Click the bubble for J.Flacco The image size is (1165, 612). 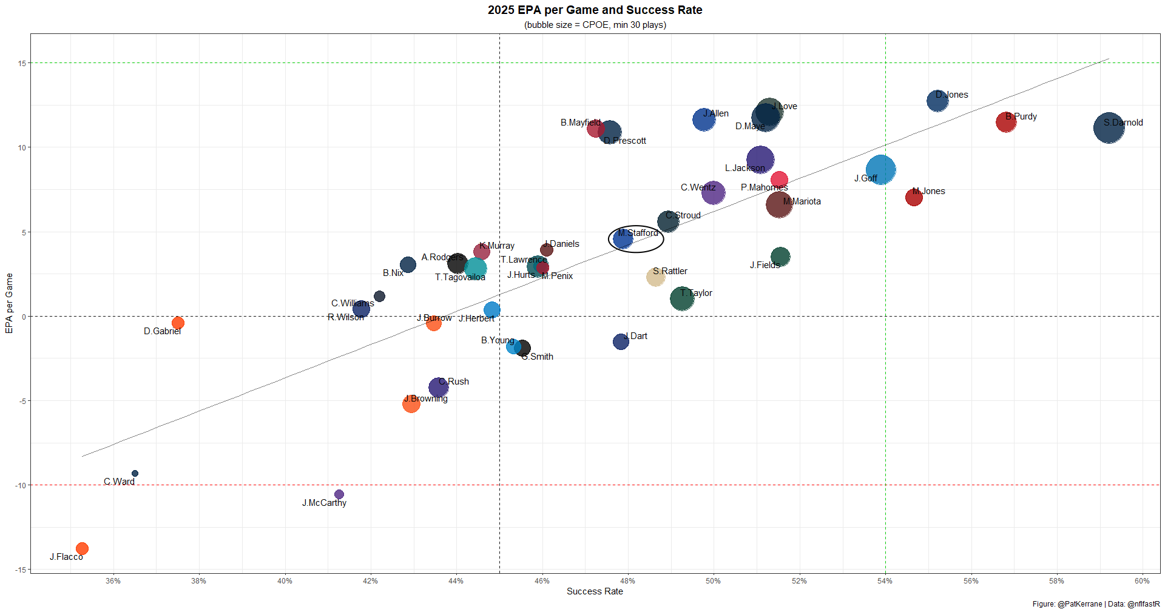tap(82, 548)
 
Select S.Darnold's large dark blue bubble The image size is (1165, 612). tap(1109, 128)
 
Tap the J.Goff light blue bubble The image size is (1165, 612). tap(880, 170)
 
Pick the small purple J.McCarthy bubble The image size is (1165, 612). tap(339, 494)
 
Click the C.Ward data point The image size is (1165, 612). tap(135, 473)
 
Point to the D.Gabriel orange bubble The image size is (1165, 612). tap(178, 323)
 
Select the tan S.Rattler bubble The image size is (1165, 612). tap(655, 277)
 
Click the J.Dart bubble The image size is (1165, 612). tap(621, 341)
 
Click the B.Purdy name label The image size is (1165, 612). tap(1021, 116)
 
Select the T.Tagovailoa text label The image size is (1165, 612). tap(460, 277)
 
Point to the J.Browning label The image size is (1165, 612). tap(426, 398)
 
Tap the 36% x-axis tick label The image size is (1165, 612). tap(113, 580)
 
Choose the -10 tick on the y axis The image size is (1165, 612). tap(21, 485)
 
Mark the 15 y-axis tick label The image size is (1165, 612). tap(22, 63)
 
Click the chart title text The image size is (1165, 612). tap(595, 10)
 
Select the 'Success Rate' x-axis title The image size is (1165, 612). tap(595, 591)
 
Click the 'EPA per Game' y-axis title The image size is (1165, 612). tap(9, 303)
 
